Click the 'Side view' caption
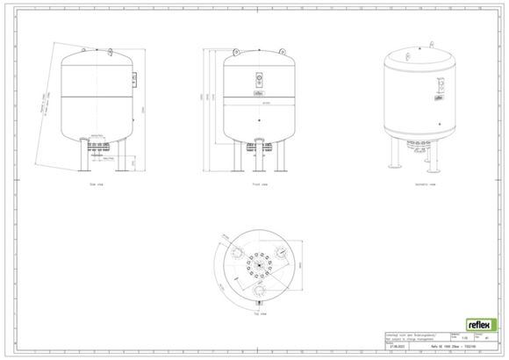(98, 186)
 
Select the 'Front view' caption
(257, 186)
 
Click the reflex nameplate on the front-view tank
(258, 90)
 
